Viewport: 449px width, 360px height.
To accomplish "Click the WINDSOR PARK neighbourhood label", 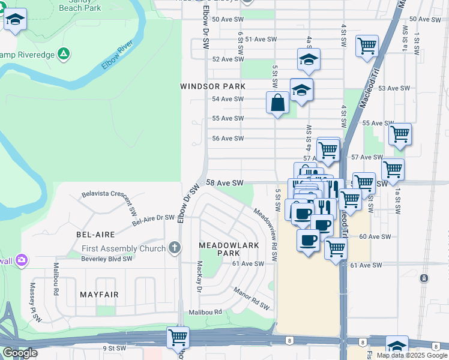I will pyautogui.click(x=212, y=86).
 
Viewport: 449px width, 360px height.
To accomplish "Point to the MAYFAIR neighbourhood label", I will pyautogui.click(x=99, y=295).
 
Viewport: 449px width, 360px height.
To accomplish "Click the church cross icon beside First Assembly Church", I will pyautogui.click(x=174, y=248).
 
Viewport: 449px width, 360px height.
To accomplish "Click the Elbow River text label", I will pyautogui.click(x=116, y=55).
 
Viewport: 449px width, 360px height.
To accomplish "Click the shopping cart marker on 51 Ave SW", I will pyautogui.click(x=366, y=46).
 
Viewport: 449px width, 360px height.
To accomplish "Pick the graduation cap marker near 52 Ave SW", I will pyautogui.click(x=309, y=59).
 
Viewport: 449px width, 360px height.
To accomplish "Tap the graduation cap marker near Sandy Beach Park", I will pyautogui.click(x=16, y=20).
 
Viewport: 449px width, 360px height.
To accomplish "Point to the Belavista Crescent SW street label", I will pyautogui.click(x=109, y=196).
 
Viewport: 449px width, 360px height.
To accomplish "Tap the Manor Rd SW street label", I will pyautogui.click(x=252, y=299).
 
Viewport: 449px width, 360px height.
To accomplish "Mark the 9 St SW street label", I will pyautogui.click(x=113, y=348).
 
